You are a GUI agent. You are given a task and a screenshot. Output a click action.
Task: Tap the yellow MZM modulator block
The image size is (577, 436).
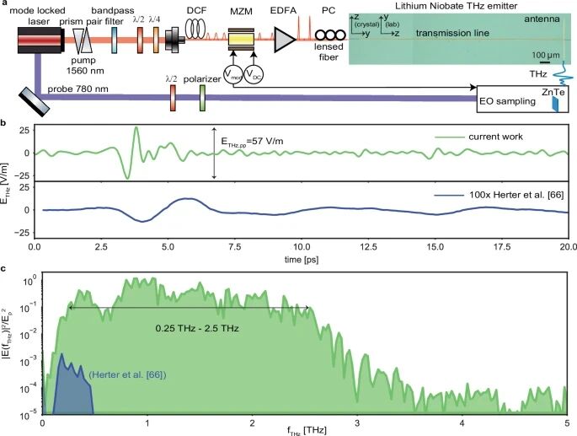(x=242, y=38)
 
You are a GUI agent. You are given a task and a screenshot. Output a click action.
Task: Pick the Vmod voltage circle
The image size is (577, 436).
(x=231, y=76)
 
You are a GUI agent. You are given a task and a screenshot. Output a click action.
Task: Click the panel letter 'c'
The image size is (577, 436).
(x=5, y=269)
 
